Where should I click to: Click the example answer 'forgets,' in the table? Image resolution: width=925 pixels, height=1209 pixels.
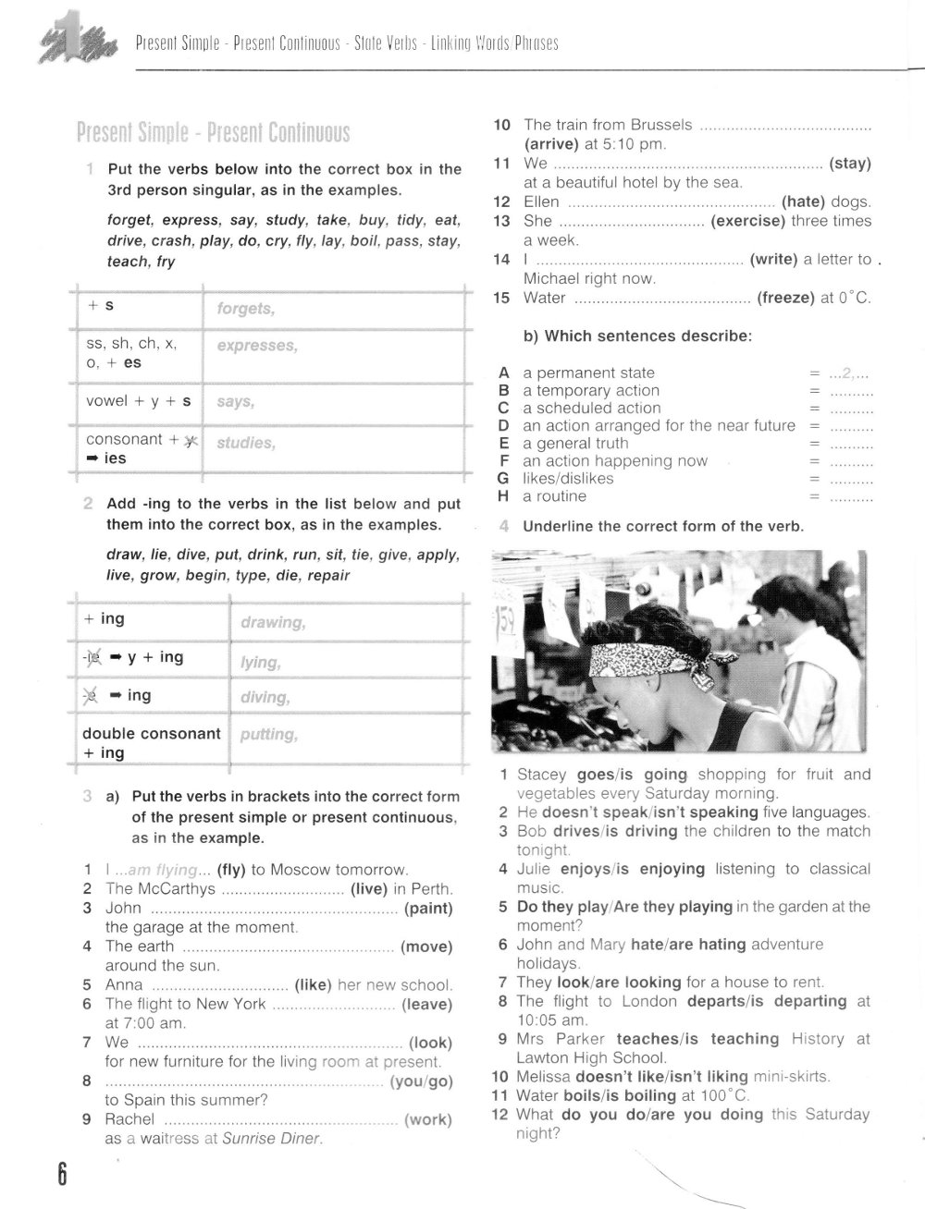[245, 309]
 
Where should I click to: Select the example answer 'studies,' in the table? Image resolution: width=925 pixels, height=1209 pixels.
[245, 443]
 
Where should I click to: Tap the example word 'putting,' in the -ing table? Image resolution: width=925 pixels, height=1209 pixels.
[268, 735]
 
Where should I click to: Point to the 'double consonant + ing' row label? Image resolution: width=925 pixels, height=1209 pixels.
[151, 743]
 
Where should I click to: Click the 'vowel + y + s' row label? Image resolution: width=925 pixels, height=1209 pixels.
[139, 401]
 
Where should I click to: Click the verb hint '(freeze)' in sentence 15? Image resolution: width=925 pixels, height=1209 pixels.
[785, 298]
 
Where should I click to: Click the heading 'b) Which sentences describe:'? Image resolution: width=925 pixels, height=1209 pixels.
[637, 336]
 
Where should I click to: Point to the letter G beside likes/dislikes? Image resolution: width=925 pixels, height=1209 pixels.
[503, 479]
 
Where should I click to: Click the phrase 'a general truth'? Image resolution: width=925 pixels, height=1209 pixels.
[575, 444]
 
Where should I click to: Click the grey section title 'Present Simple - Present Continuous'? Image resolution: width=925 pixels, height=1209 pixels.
[214, 133]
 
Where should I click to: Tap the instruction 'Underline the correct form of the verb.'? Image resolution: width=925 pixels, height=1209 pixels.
[663, 527]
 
